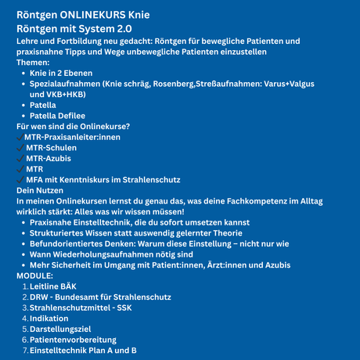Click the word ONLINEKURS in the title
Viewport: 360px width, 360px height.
[x=97, y=15]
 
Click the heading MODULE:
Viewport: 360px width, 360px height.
[x=35, y=275]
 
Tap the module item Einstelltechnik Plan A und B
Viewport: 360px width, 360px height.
[x=83, y=351]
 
